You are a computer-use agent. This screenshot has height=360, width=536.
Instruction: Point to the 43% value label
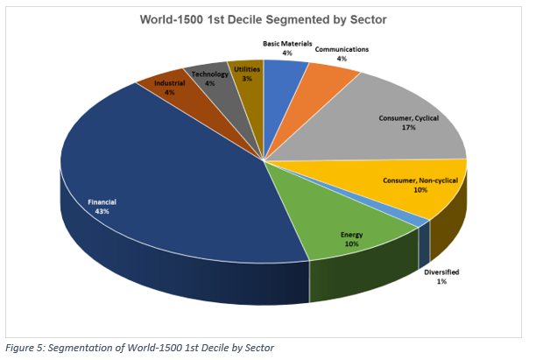click(x=102, y=211)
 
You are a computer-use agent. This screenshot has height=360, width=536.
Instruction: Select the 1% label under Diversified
click(x=441, y=282)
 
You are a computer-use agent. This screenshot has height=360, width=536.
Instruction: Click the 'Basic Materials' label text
click(x=287, y=43)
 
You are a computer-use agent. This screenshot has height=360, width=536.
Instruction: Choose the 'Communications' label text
click(x=342, y=49)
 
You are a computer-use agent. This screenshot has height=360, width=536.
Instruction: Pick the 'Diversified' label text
click(x=441, y=272)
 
